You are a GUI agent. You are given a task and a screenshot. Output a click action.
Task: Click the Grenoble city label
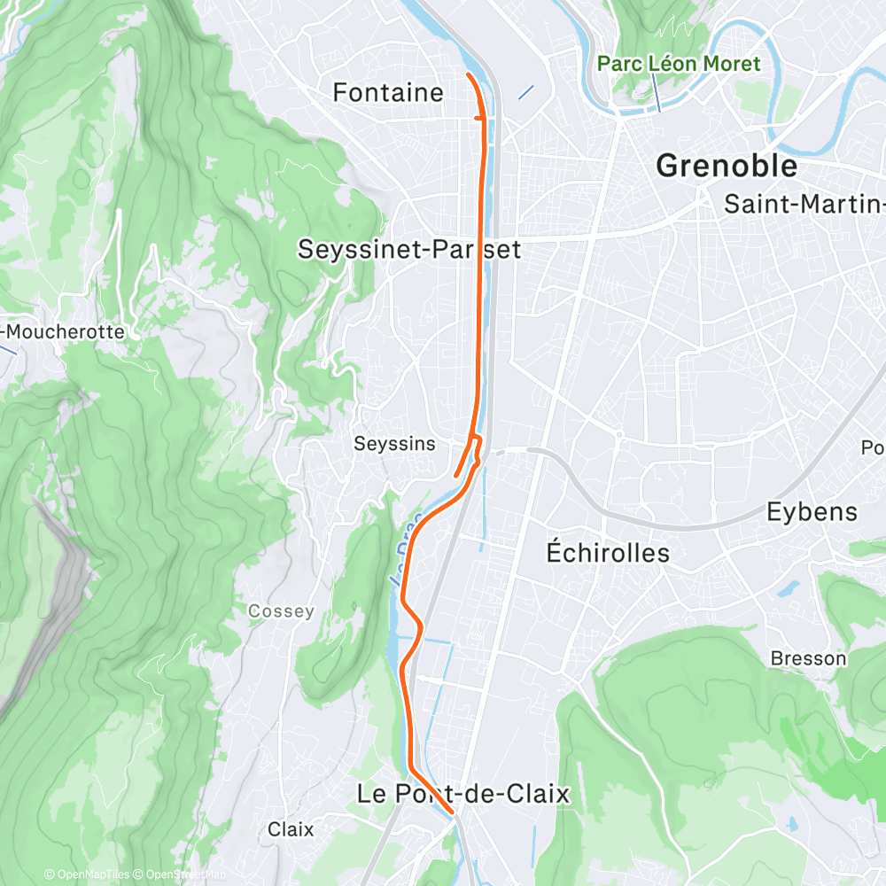(726, 166)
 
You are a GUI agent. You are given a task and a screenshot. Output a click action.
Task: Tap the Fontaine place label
(387, 92)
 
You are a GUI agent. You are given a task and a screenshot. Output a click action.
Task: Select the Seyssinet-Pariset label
(409, 249)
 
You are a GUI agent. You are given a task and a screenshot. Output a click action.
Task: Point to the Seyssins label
(394, 443)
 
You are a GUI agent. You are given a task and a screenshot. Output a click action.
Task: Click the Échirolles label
(607, 552)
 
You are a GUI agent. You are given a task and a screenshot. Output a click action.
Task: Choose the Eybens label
(812, 511)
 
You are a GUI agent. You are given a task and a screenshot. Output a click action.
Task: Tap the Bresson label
(808, 658)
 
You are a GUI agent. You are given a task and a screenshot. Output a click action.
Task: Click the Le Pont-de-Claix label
(462, 793)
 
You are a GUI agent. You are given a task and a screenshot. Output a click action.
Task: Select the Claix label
(291, 830)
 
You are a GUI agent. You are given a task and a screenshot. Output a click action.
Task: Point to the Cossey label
(281, 611)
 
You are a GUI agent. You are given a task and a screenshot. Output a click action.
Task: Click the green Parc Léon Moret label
(679, 64)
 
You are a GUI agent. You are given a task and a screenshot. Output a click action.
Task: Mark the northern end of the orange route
(468, 74)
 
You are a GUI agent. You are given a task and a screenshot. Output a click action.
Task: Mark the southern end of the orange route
(452, 811)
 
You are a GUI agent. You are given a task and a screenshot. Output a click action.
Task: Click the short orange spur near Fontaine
(478, 116)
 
